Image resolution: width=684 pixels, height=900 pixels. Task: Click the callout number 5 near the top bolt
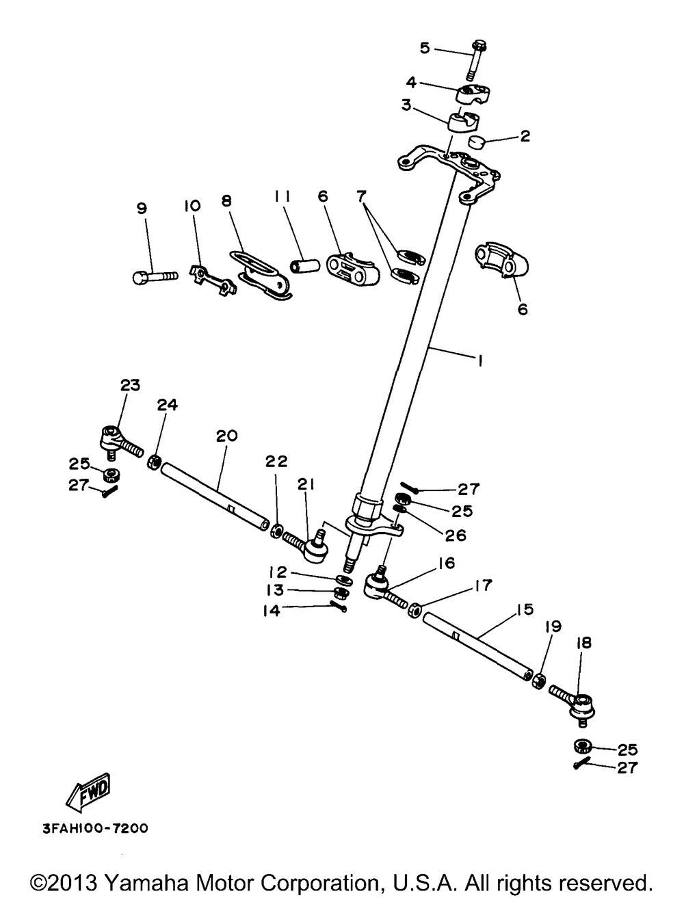pyautogui.click(x=425, y=48)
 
